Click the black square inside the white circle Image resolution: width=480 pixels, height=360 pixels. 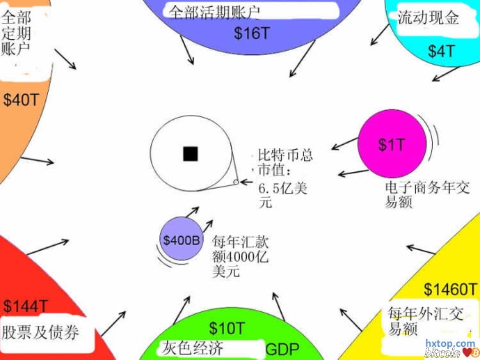[x=190, y=154]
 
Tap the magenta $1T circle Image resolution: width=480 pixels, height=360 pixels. [x=391, y=144]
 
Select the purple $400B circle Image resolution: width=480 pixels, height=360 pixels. [x=181, y=240]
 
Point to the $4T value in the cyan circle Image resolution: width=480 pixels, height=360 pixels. [x=441, y=51]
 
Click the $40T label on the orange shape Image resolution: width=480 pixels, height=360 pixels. [x=21, y=100]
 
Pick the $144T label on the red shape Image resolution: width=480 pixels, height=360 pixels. [x=25, y=306]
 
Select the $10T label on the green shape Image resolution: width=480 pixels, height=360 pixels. [x=227, y=328]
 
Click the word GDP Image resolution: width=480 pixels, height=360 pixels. [x=282, y=349]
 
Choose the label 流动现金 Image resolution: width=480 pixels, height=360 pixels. [x=429, y=18]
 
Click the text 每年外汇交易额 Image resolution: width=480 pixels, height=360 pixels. [x=415, y=320]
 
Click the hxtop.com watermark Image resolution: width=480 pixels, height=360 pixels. [x=449, y=343]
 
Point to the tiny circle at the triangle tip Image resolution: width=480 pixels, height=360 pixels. [x=236, y=182]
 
